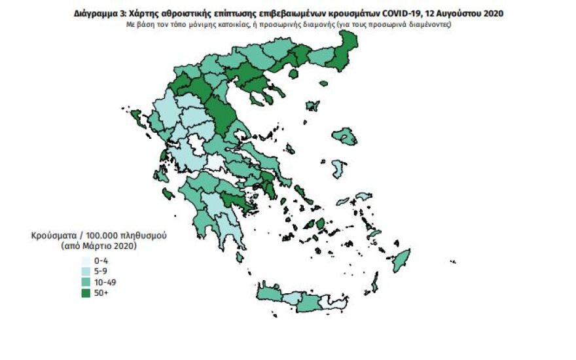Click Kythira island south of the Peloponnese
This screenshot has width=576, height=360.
[240, 257]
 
